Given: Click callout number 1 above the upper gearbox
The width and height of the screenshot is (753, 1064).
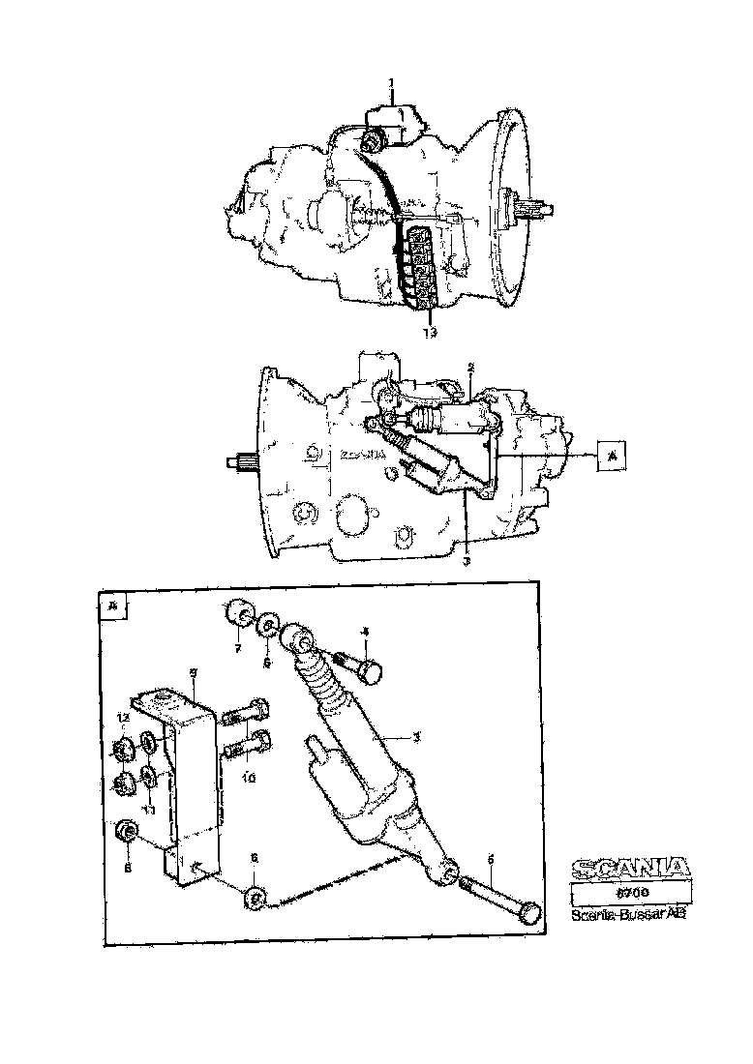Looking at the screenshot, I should tap(391, 83).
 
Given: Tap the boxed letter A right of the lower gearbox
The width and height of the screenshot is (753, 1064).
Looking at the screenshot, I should tap(611, 453).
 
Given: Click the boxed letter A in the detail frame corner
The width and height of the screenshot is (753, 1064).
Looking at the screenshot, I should tap(114, 606).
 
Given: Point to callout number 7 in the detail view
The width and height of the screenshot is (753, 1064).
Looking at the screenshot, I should tap(237, 649).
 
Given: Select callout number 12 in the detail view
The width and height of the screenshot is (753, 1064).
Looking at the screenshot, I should tap(123, 718).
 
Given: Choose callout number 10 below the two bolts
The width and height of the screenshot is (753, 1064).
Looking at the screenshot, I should tap(248, 777).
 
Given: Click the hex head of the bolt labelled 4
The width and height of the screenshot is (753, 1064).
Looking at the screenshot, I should tap(371, 668).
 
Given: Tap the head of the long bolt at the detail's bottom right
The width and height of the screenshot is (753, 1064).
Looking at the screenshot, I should tap(530, 912).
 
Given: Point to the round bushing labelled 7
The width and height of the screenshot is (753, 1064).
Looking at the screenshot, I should tap(236, 614).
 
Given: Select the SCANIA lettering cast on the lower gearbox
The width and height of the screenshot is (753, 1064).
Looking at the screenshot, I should tap(362, 457).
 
